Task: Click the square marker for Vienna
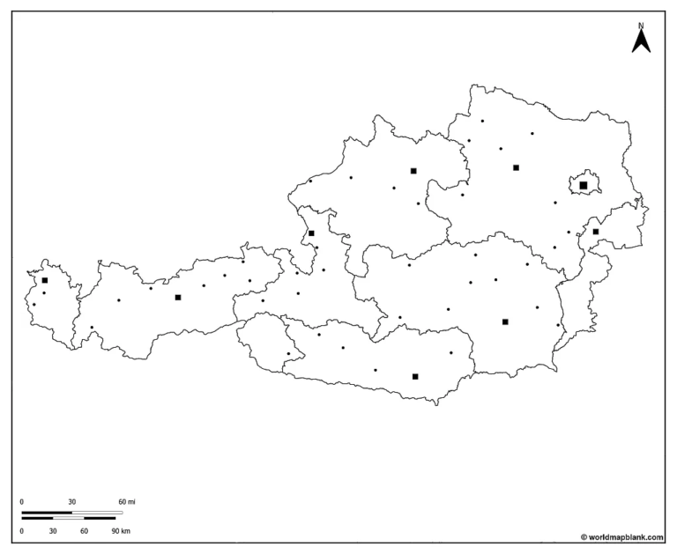(584, 185)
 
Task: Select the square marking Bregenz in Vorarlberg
(45, 280)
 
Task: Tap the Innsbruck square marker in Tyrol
(178, 297)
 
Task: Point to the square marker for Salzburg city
(311, 233)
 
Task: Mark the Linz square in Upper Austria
(413, 171)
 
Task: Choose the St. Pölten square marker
(516, 167)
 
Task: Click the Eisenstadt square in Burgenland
(596, 232)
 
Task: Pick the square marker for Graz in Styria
(505, 321)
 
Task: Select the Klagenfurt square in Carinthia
(415, 376)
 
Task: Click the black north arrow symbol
(641, 41)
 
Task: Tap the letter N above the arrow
(641, 26)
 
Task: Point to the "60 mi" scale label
(127, 502)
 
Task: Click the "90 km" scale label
(120, 532)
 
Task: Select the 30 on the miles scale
(71, 502)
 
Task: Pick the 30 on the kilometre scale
(53, 532)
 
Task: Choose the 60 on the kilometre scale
(85, 532)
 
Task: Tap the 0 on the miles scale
(22, 502)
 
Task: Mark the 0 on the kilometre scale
(22, 532)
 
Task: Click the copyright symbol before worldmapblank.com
(583, 536)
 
